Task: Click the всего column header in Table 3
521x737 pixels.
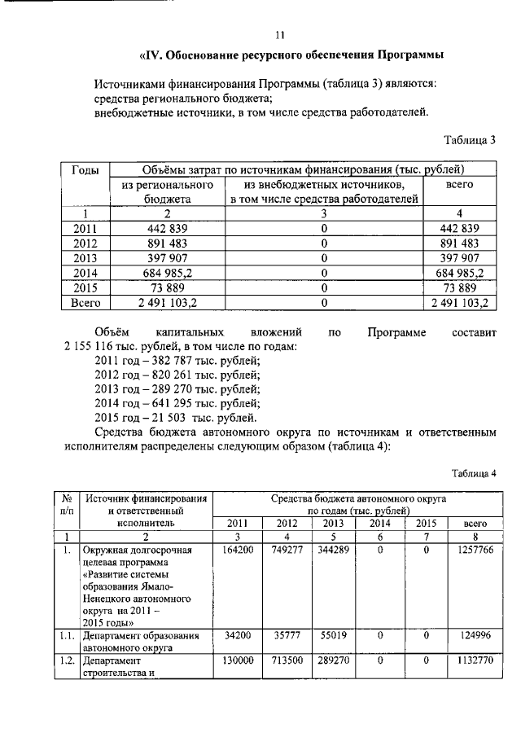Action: coord(460,185)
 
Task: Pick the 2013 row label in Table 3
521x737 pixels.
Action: coord(85,257)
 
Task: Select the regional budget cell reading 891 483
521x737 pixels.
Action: coord(168,243)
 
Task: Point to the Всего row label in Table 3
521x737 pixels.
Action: coord(85,302)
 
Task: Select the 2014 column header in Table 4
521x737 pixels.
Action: coord(380,524)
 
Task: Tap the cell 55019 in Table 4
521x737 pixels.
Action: coord(332,636)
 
